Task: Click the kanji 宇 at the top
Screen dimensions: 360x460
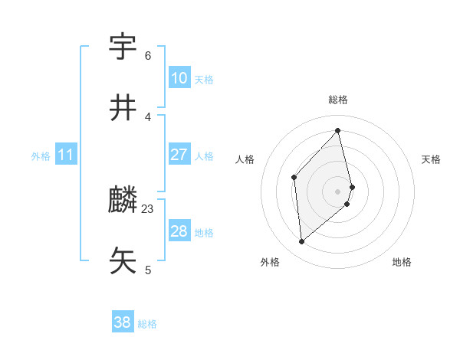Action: pyautogui.click(x=123, y=47)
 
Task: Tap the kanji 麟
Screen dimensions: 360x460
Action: pyautogui.click(x=123, y=201)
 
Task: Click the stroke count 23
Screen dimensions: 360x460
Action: pyautogui.click(x=148, y=208)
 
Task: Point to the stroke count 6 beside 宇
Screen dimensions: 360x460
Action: pyautogui.click(x=148, y=55)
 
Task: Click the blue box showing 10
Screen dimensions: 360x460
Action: pyautogui.click(x=179, y=78)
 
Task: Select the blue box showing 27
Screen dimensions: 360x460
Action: pyautogui.click(x=179, y=155)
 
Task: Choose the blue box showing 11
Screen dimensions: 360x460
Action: pyautogui.click(x=66, y=155)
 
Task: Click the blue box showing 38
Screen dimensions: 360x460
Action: pyautogui.click(x=123, y=323)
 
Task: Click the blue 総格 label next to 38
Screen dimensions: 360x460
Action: pyautogui.click(x=147, y=324)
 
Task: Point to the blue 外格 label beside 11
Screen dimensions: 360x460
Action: pyautogui.click(x=41, y=156)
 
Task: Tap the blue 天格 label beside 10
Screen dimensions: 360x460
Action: pyautogui.click(x=204, y=79)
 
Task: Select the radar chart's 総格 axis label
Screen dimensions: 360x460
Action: pyautogui.click(x=338, y=100)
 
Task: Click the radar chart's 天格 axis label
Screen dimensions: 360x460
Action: pyautogui.click(x=431, y=159)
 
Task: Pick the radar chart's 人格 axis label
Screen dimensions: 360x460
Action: pyautogui.click(x=245, y=159)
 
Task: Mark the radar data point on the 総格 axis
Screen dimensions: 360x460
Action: pyautogui.click(x=338, y=131)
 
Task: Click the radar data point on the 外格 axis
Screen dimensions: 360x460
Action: pyautogui.click(x=302, y=242)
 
